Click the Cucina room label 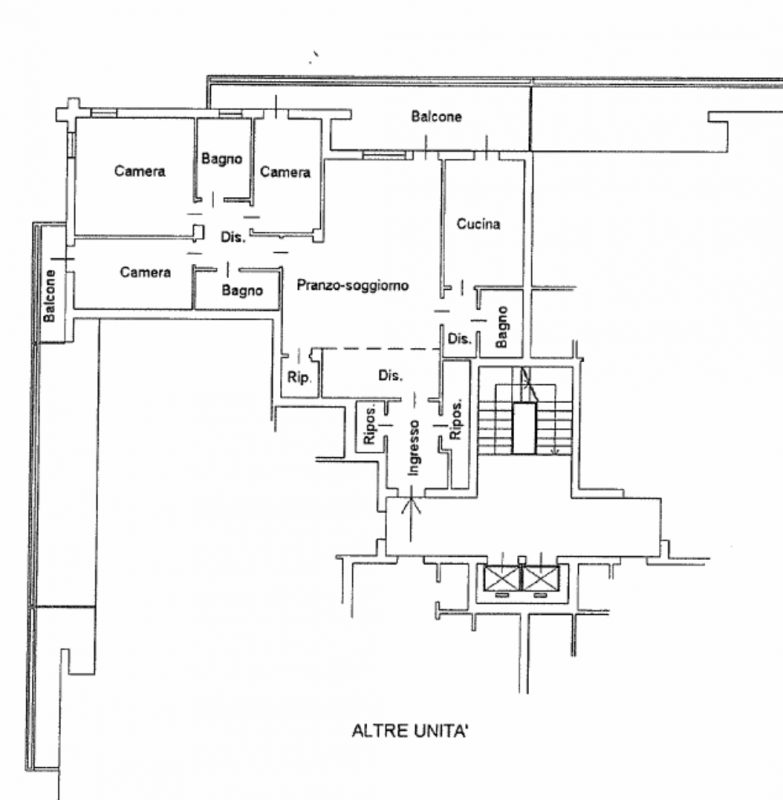click(478, 224)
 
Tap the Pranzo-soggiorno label click(353, 286)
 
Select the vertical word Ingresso click(413, 447)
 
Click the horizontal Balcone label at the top click(437, 117)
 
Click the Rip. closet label click(298, 378)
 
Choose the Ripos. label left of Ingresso click(369, 426)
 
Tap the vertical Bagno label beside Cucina click(501, 326)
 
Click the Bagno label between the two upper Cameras click(222, 158)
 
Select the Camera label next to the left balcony click(144, 272)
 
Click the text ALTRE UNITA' click(410, 731)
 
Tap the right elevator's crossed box click(540, 578)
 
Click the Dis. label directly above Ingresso click(390, 377)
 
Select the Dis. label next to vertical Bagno click(459, 339)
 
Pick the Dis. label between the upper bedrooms click(232, 237)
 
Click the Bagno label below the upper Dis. click(242, 291)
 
